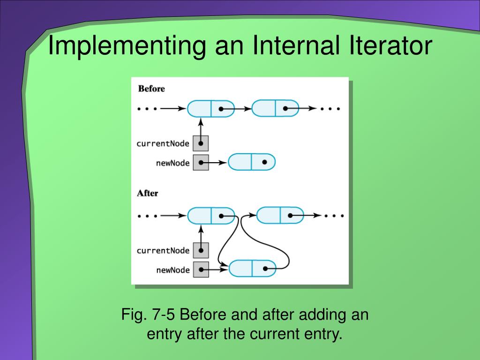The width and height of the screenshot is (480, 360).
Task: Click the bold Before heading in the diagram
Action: [x=151, y=89]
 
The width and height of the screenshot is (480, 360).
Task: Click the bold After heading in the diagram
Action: [x=147, y=193]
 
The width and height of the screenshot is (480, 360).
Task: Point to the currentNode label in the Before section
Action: [x=163, y=143]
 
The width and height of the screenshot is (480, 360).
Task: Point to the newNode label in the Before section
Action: [x=172, y=163]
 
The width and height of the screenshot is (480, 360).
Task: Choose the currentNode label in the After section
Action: [x=163, y=250]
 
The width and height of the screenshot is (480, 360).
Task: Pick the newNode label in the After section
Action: [x=172, y=270]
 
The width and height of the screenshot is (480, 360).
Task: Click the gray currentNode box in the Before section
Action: [x=201, y=143]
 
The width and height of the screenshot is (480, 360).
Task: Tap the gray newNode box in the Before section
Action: [x=201, y=163]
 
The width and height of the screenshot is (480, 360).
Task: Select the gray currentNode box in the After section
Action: [x=201, y=250]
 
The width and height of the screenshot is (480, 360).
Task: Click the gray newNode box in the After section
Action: [x=201, y=270]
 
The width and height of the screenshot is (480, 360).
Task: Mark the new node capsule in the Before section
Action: [x=252, y=162]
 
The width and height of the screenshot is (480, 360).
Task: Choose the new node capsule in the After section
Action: [x=252, y=269]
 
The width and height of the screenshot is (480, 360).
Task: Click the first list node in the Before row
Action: [x=210, y=109]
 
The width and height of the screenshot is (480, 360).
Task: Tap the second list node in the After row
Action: [x=280, y=216]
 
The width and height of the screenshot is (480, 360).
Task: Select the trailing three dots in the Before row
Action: [x=330, y=109]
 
